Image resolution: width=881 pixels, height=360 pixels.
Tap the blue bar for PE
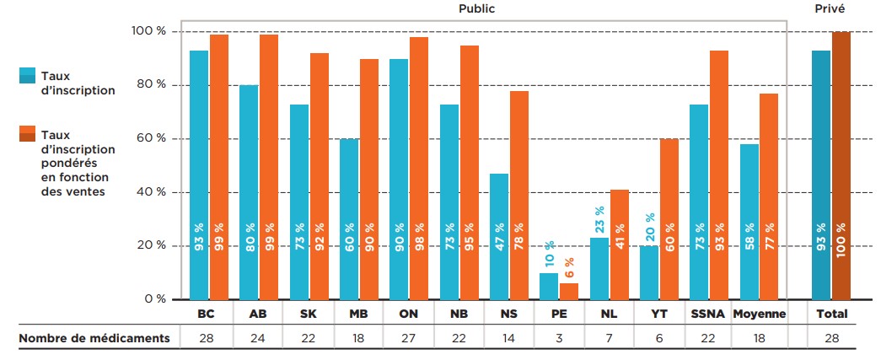[x=549, y=286]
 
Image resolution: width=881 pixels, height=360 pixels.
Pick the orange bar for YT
[x=669, y=218]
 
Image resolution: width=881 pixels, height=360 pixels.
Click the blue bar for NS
[x=499, y=236]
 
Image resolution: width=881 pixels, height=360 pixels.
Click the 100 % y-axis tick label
[x=150, y=32]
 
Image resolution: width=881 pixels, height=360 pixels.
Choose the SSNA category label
[x=711, y=314]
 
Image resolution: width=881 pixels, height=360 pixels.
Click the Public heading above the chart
[x=476, y=8]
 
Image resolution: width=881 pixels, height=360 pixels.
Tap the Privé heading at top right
[x=830, y=8]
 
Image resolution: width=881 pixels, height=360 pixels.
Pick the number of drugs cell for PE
[x=558, y=338]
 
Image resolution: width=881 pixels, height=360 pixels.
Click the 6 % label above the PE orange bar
[x=569, y=267]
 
